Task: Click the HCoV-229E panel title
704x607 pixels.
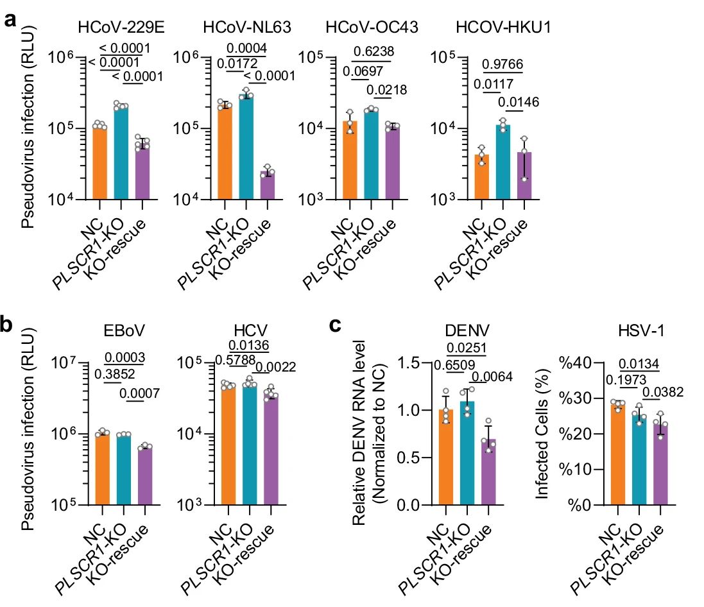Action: click(x=122, y=28)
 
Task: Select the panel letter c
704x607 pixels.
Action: click(x=334, y=326)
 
